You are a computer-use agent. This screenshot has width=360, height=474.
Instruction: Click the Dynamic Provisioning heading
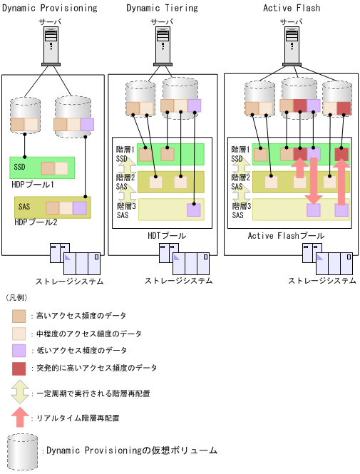pos(48,8)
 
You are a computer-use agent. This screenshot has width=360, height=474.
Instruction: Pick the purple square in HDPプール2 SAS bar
pos(79,208)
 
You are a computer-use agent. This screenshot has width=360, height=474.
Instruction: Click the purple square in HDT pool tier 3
pos(194,210)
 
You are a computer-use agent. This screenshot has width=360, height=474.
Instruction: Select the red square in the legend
pos(19,369)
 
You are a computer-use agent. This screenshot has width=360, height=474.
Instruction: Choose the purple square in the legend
pos(19,351)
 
